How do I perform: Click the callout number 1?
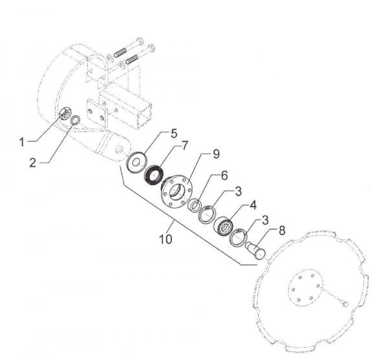pyautogui.click(x=22, y=142)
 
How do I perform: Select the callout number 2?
pyautogui.click(x=33, y=163)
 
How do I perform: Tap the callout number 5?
pyautogui.click(x=174, y=133)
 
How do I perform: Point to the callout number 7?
pyautogui.click(x=185, y=146)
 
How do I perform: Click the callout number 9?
pyautogui.click(x=216, y=154)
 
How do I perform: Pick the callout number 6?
pyautogui.click(x=224, y=175)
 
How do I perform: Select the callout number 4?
pyautogui.click(x=253, y=205)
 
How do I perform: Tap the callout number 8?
pyautogui.click(x=282, y=231)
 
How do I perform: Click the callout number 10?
pyautogui.click(x=166, y=240)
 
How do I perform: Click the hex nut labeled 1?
pyautogui.click(x=65, y=113)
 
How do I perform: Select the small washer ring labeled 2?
pyautogui.click(x=76, y=120)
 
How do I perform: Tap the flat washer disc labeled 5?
pyautogui.click(x=136, y=163)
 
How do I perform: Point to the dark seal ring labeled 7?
pyautogui.click(x=154, y=175)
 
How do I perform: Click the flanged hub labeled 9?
pyautogui.click(x=176, y=191)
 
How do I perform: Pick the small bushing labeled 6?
pyautogui.click(x=194, y=205)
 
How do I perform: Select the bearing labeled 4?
pyautogui.click(x=223, y=226)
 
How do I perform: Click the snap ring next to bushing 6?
pyautogui.click(x=208, y=215)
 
